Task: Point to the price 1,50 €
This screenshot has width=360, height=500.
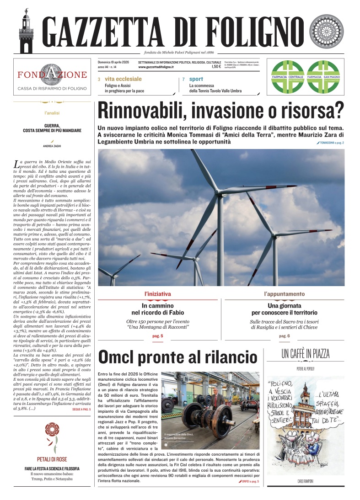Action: tap(216, 67)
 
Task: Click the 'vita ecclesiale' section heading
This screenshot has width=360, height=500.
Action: tap(123, 79)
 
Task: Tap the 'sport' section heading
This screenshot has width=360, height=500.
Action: tap(197, 79)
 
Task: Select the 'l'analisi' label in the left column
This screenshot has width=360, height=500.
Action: tap(52, 112)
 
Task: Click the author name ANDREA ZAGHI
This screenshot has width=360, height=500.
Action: tap(52, 146)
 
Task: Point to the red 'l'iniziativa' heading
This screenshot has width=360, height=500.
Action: tap(157, 293)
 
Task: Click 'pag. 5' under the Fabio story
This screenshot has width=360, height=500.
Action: tap(157, 336)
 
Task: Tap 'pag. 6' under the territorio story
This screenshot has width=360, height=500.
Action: tap(284, 336)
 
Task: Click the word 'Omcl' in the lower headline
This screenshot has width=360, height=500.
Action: tap(120, 357)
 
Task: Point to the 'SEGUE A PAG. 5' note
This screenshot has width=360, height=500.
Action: tap(81, 410)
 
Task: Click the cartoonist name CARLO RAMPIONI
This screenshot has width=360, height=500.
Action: tap(305, 482)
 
